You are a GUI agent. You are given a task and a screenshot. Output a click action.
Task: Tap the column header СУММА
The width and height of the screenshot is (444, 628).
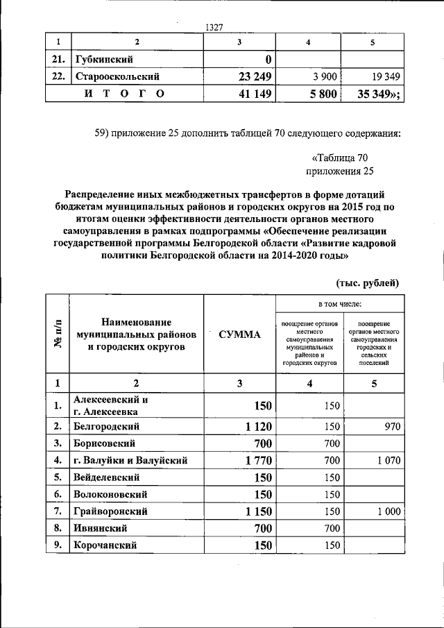(x=239, y=334)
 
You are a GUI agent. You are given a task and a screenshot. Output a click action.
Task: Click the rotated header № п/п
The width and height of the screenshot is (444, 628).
(x=58, y=334)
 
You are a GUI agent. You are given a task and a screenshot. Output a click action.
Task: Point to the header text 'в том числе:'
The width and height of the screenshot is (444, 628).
(x=340, y=304)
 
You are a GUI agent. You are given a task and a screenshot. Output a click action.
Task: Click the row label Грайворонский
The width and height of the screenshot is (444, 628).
(x=110, y=511)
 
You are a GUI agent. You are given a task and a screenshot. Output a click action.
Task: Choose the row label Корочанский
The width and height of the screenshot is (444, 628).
(x=105, y=545)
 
